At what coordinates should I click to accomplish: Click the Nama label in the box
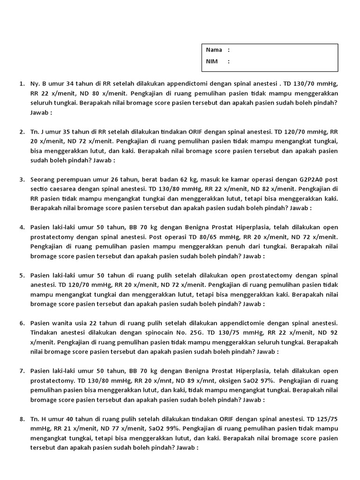(x=214, y=50)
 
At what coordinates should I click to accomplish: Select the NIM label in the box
(x=212, y=61)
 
